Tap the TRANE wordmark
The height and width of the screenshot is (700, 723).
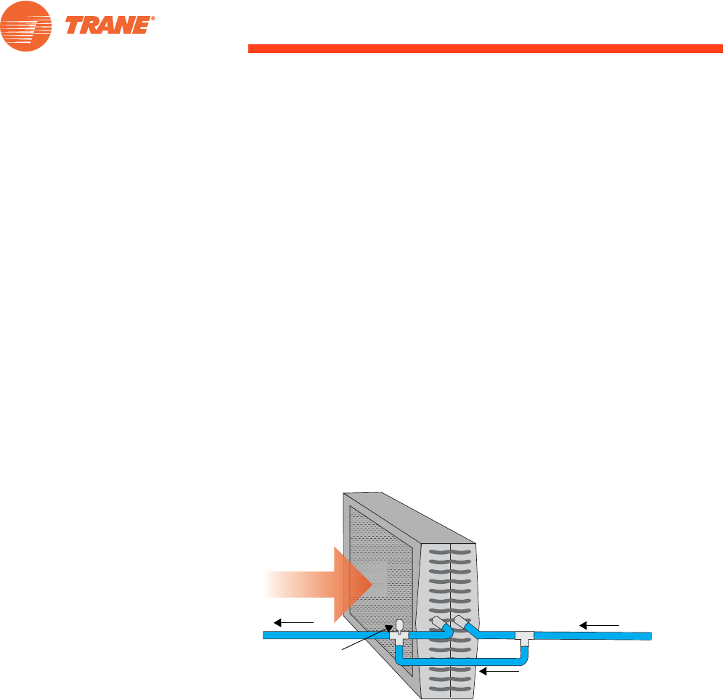click(109, 26)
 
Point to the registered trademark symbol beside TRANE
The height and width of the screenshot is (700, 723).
click(154, 20)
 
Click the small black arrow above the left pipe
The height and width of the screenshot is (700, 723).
click(293, 622)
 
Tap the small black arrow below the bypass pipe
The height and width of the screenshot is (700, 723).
click(502, 672)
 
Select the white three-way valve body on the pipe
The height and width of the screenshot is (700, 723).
click(397, 635)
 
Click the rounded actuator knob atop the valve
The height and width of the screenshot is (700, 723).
click(398, 624)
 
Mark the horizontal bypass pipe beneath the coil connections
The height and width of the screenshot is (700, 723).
click(465, 662)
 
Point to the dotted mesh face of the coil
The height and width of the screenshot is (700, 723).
click(377, 552)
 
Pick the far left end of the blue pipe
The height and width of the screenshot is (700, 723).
click(266, 635)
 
